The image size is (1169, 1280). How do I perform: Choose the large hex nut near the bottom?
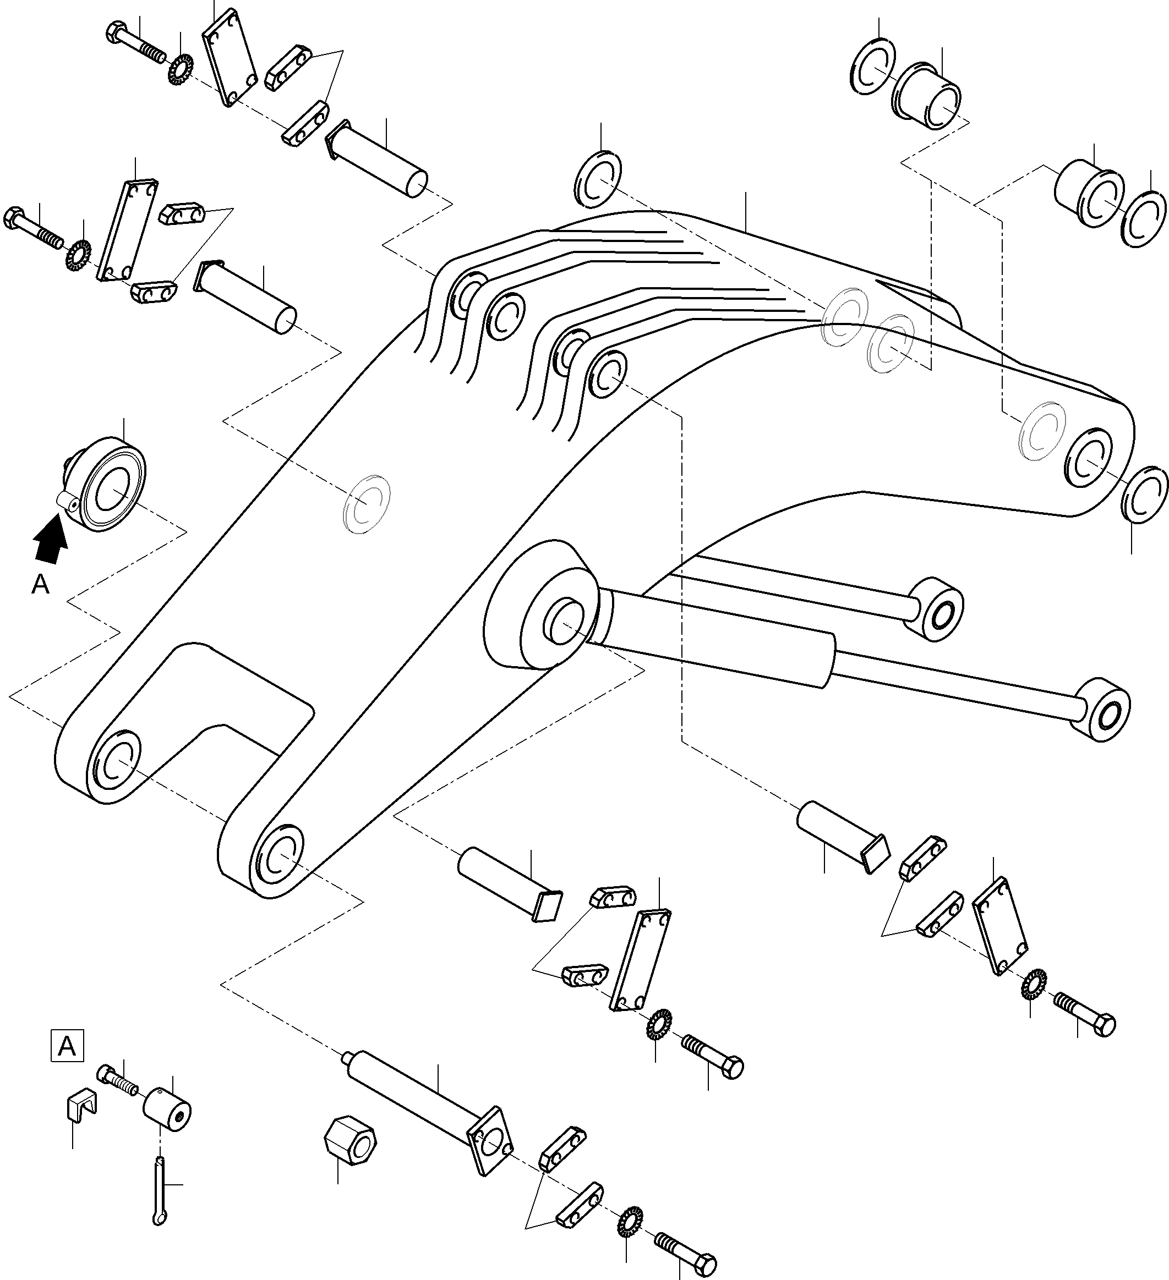click(x=350, y=1147)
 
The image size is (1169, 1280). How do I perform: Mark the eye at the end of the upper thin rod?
click(x=937, y=609)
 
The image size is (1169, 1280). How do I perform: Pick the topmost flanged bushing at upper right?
click(x=927, y=96)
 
